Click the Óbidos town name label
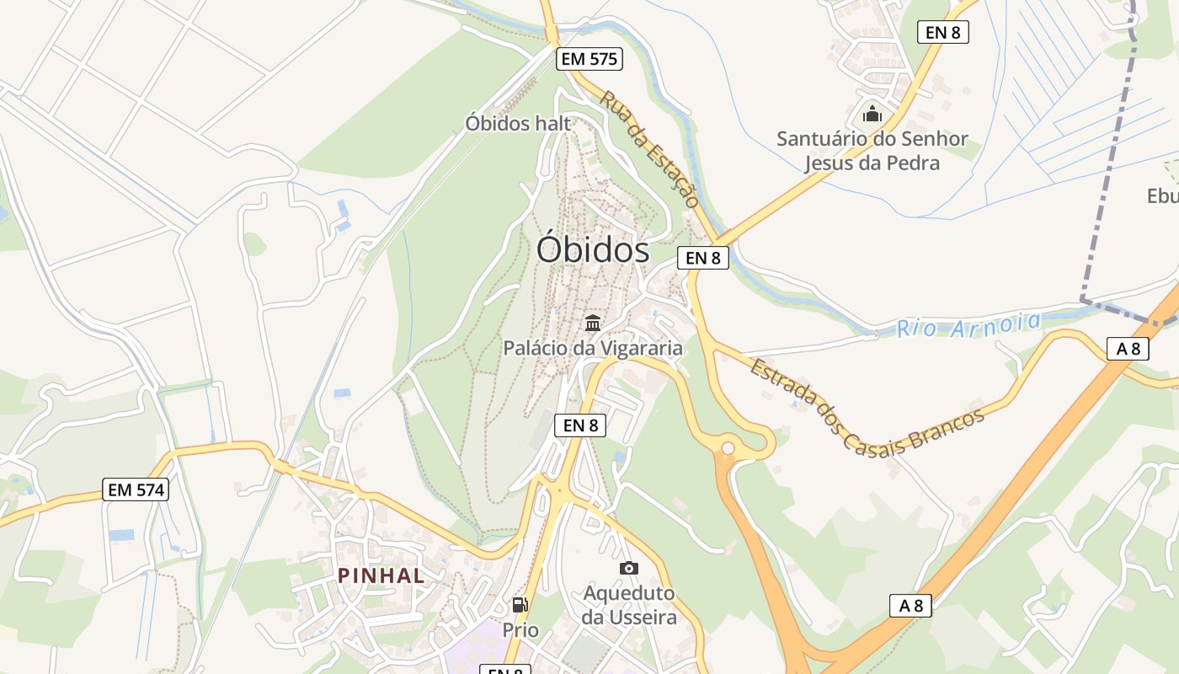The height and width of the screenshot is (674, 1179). click(x=593, y=250)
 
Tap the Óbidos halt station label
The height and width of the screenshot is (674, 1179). click(x=518, y=123)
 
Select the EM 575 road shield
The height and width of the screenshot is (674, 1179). click(x=589, y=59)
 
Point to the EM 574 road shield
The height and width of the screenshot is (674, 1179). click(x=136, y=489)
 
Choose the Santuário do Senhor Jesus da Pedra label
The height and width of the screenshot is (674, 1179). click(x=872, y=150)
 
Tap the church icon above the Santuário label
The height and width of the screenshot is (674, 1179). click(x=872, y=113)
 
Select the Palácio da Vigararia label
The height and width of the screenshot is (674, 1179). click(x=593, y=347)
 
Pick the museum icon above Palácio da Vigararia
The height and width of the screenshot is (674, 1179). click(x=593, y=323)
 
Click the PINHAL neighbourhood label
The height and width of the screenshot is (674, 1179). click(x=381, y=575)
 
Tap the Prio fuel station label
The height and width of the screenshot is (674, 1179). click(x=520, y=629)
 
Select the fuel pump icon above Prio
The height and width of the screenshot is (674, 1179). click(x=520, y=604)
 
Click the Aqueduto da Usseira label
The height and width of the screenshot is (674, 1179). click(x=629, y=605)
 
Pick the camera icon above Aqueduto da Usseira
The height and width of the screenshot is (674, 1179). click(x=629, y=569)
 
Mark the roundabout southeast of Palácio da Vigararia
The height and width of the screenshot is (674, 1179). click(x=728, y=448)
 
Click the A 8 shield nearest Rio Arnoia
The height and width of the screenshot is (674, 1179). click(x=1128, y=348)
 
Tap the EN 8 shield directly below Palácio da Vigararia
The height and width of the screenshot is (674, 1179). click(x=580, y=425)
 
